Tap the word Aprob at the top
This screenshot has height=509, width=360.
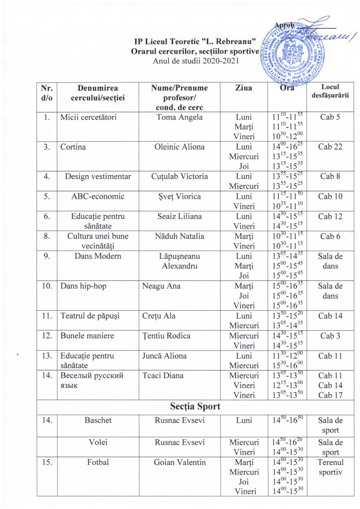(x=285, y=25)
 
